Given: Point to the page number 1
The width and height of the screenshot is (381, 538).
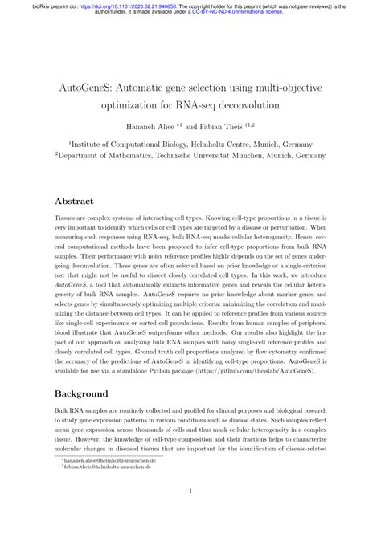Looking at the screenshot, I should [190, 514].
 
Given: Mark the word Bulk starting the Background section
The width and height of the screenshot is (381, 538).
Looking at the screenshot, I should [63, 412].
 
